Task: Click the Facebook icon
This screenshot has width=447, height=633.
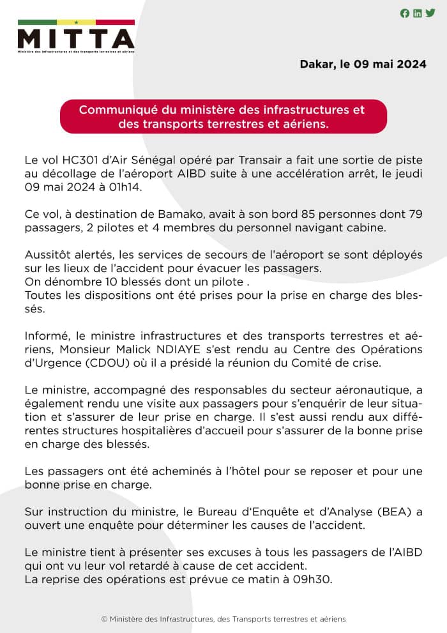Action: click(x=405, y=13)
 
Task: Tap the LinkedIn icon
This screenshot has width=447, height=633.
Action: click(x=418, y=13)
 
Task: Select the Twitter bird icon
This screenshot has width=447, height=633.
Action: click(x=430, y=13)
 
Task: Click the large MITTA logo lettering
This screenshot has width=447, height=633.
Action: click(x=75, y=38)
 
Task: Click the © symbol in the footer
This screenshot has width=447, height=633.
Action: click(x=104, y=619)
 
